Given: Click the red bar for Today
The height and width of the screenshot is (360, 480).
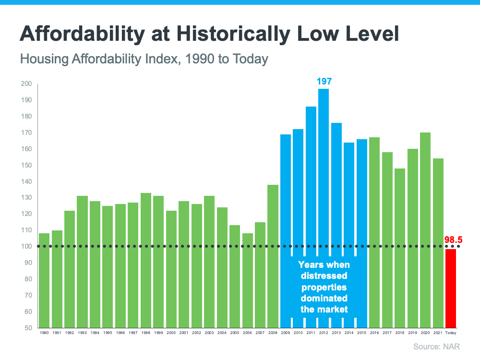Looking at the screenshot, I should pyautogui.click(x=450, y=288).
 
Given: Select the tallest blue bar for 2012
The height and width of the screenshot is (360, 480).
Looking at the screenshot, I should pyautogui.click(x=324, y=168).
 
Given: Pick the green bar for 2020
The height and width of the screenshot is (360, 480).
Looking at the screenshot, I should pyautogui.click(x=425, y=230).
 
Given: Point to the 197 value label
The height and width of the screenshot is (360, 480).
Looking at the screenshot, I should pyautogui.click(x=324, y=82).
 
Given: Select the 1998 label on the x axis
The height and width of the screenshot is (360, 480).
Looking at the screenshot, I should pyautogui.click(x=146, y=333).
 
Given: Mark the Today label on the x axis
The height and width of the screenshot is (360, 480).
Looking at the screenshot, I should pyautogui.click(x=451, y=333).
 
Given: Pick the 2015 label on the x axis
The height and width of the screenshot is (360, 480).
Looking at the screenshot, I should pyautogui.click(x=362, y=333).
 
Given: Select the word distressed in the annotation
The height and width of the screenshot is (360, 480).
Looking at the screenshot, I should pyautogui.click(x=324, y=276).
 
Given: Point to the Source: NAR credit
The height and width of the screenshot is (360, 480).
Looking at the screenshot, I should pyautogui.click(x=440, y=346).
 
